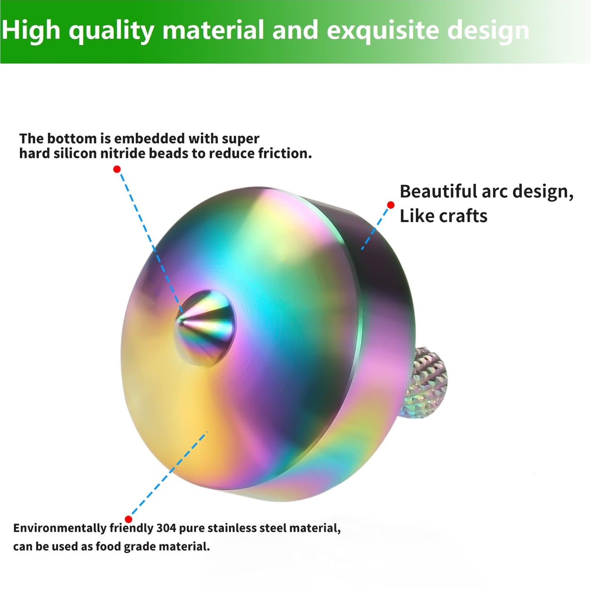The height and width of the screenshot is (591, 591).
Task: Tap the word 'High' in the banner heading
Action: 30,30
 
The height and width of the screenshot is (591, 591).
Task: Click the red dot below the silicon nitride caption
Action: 117,169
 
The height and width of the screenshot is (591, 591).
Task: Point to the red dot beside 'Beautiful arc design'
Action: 391,205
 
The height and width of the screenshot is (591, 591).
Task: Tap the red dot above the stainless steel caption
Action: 128,519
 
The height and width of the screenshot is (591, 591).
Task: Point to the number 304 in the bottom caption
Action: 166,528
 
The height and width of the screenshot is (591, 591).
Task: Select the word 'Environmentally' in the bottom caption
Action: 60,528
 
